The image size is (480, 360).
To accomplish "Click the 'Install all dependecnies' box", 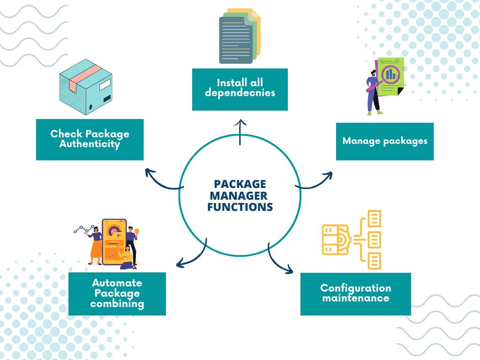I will tap(240, 89).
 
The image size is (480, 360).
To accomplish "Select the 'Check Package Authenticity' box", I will tap(90, 139).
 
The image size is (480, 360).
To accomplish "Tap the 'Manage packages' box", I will tap(384, 141).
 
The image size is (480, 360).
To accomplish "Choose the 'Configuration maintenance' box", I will tap(355, 293).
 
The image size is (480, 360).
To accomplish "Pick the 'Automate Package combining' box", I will tap(117, 293).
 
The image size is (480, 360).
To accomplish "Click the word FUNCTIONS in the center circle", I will tap(240, 207).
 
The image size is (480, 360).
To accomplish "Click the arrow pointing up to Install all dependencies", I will tap(241, 131).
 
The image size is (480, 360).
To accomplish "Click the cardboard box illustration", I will tap(86, 87).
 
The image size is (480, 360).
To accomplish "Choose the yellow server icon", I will tap(336, 239).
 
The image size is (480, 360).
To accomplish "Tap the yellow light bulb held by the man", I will tap(137, 231).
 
